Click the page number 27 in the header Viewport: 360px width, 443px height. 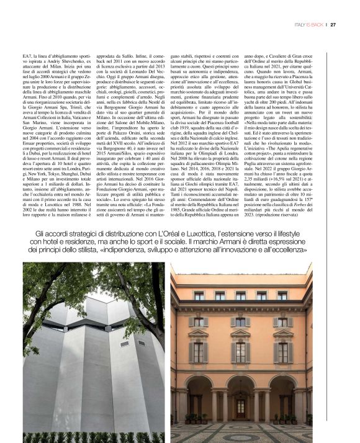333,24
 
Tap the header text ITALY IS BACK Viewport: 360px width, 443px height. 309,24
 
